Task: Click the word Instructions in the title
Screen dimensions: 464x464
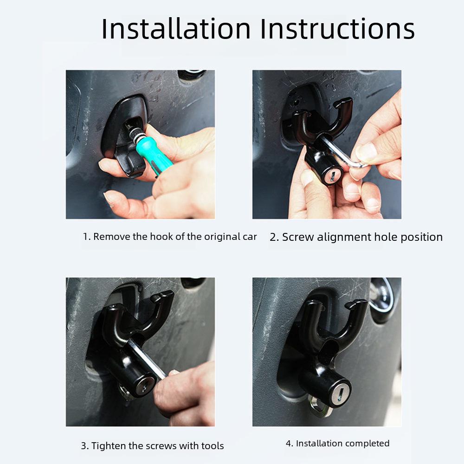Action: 337,29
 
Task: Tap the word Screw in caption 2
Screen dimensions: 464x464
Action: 298,237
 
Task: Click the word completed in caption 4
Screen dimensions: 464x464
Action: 367,444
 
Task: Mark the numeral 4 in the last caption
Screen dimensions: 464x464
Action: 289,444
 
